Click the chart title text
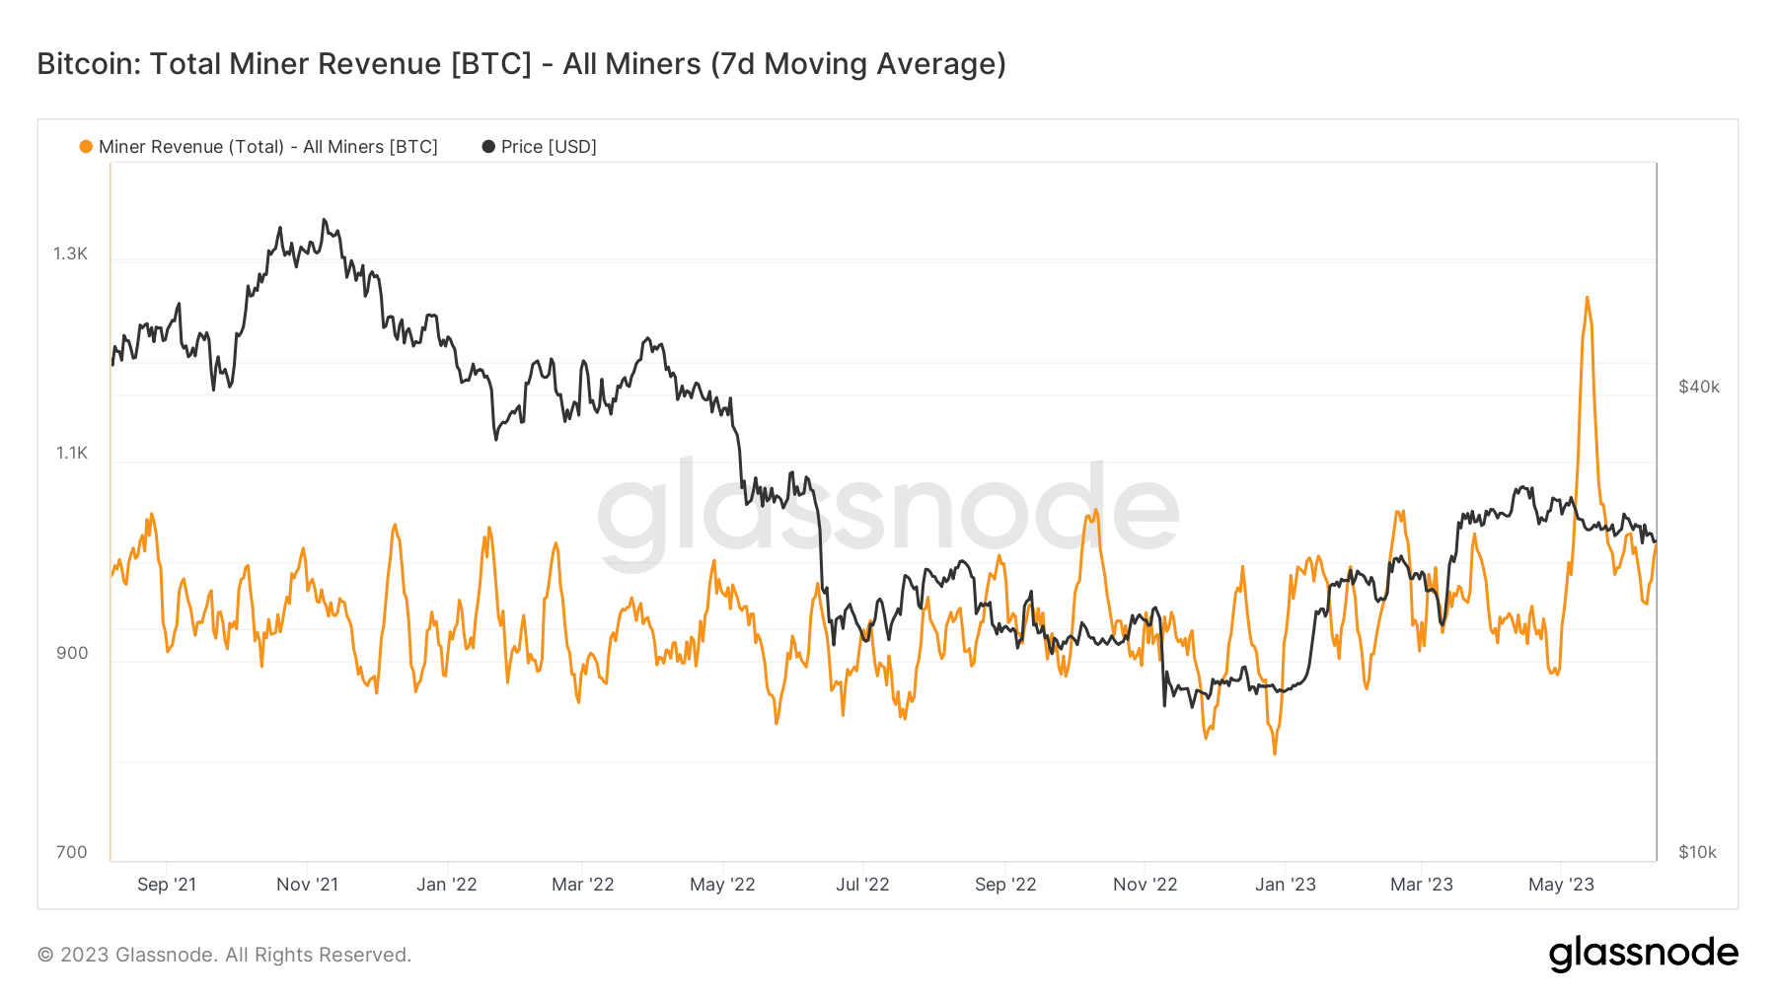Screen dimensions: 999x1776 [521, 64]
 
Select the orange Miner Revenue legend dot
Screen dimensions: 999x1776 [86, 147]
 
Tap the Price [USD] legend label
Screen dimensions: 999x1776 [549, 147]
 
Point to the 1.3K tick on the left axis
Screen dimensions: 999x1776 [70, 253]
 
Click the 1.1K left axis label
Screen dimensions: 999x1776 [71, 453]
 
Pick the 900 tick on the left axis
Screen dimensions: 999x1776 [72, 653]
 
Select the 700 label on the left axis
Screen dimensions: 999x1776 [72, 852]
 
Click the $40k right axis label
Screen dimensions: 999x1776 [1699, 387]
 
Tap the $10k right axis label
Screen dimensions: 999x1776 [1697, 852]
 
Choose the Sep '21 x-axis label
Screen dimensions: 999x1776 [167, 885]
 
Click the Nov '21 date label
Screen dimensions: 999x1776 [307, 885]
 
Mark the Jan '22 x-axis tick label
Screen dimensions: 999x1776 [446, 885]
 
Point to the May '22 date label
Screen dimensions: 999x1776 [722, 885]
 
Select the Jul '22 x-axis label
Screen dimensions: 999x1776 [862, 885]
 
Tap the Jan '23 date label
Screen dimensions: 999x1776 [1285, 885]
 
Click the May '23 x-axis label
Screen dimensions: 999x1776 [1561, 885]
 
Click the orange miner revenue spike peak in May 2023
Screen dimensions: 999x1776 [1587, 298]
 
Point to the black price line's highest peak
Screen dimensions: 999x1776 [324, 220]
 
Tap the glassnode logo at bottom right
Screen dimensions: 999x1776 [1643, 954]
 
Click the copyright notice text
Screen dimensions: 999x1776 [224, 955]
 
